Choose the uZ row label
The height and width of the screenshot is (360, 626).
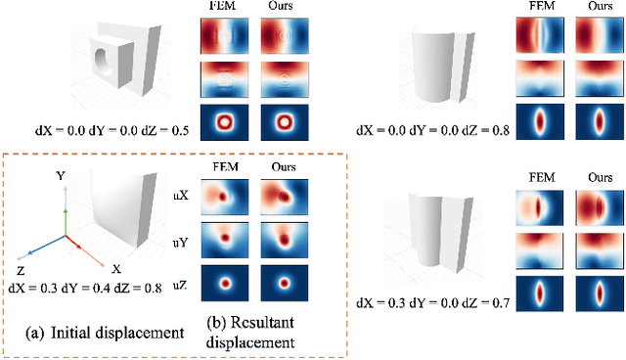(180, 282)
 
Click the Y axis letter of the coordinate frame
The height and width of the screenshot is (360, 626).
(61, 177)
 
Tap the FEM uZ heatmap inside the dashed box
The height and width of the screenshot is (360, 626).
(223, 282)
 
